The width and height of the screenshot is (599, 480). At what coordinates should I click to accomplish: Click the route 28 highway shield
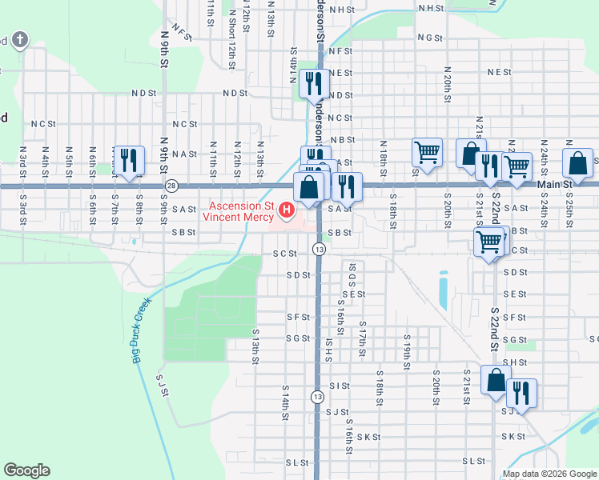[x=171, y=186]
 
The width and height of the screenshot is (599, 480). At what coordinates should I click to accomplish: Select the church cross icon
[x=20, y=39]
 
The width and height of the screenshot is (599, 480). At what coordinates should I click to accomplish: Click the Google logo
[x=26, y=470]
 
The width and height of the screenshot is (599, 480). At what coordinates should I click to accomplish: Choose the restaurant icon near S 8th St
[x=128, y=160]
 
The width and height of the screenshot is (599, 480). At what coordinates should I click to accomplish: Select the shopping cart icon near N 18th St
[x=428, y=152]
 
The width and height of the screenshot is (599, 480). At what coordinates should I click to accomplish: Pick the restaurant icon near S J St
[x=521, y=393]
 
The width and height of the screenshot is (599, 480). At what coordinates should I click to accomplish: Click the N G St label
[x=429, y=38]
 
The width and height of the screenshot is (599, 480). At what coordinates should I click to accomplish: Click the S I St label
[x=340, y=386]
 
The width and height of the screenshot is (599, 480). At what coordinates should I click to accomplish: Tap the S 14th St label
[x=284, y=406]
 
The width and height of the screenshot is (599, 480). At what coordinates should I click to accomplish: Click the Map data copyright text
[x=549, y=474]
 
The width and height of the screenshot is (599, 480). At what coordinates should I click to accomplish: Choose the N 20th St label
[x=445, y=80]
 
